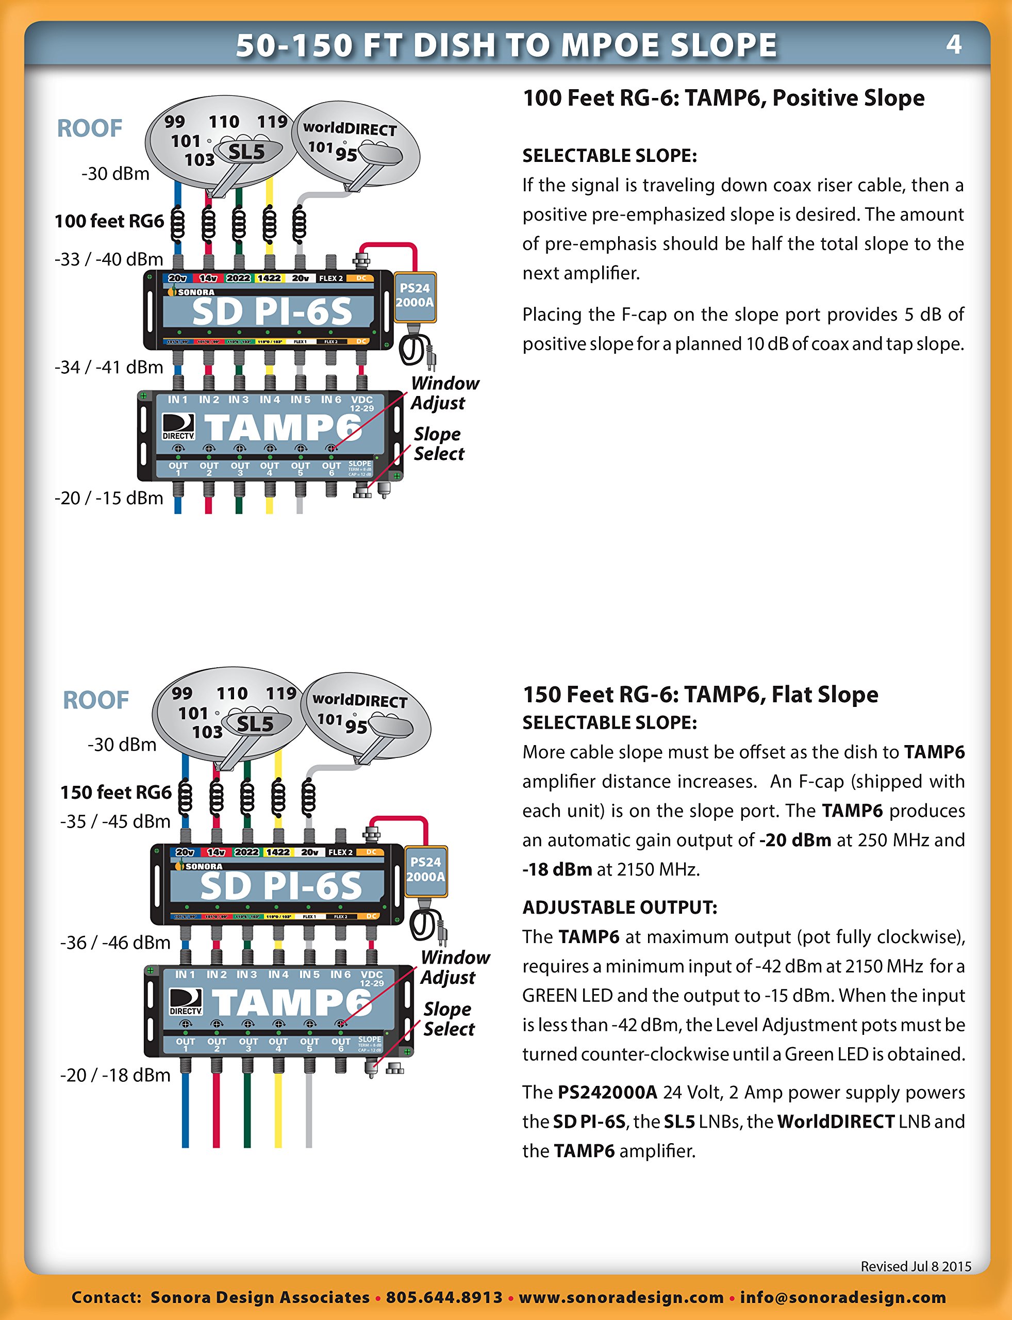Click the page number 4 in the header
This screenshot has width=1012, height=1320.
pos(954,44)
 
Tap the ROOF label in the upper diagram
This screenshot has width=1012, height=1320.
pos(90,128)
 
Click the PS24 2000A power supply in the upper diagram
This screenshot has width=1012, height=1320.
pos(414,296)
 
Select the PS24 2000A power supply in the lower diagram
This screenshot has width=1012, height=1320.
pos(425,870)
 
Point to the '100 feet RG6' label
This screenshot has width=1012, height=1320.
pos(109,221)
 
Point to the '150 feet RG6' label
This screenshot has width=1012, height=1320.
pos(115,792)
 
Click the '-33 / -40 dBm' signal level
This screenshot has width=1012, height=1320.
pos(109,259)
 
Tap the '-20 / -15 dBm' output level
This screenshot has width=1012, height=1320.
pos(109,498)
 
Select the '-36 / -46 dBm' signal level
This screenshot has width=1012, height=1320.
pos(115,942)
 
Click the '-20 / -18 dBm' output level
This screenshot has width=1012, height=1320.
pos(115,1075)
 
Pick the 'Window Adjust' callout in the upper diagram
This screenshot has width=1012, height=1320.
pos(444,393)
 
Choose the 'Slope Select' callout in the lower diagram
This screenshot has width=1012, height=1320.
pos(448,1019)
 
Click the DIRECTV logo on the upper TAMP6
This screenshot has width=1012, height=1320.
pos(178,426)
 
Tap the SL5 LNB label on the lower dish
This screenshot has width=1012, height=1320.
pos(255,723)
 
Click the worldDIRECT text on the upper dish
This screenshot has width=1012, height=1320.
pos(350,128)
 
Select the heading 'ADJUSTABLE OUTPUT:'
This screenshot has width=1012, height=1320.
pos(620,907)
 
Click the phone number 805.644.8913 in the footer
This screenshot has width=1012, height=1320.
pos(444,1297)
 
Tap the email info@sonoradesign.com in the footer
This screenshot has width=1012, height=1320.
pos(843,1297)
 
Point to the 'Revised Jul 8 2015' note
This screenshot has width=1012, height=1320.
pos(916,1266)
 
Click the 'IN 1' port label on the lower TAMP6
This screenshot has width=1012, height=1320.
pos(185,974)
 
